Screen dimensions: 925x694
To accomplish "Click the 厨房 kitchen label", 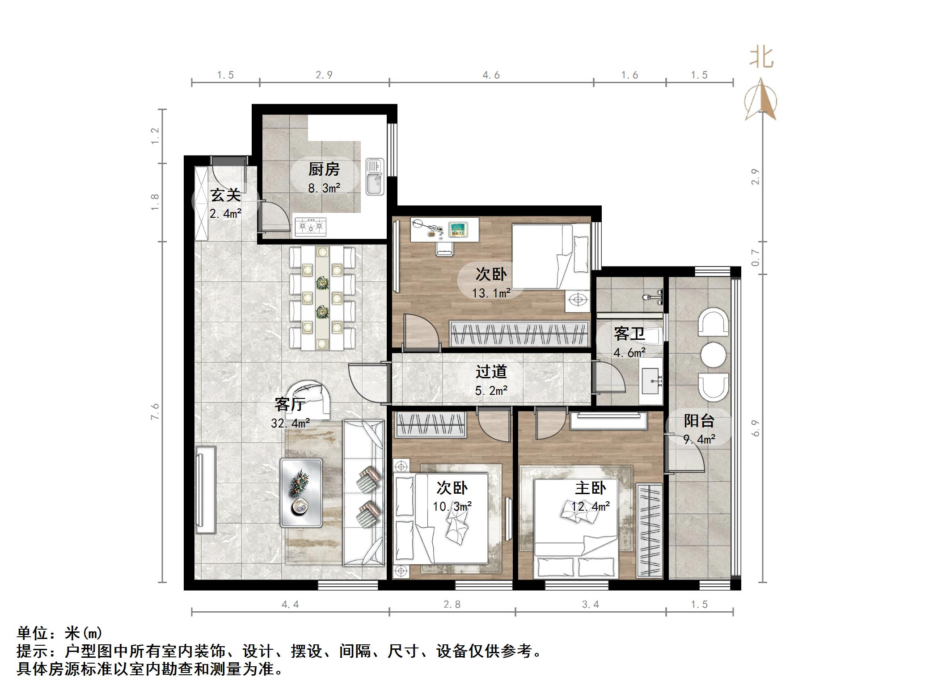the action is pos(324,169).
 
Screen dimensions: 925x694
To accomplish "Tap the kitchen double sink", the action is pos(375,177).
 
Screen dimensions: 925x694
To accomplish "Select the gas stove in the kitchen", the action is pos(310,227).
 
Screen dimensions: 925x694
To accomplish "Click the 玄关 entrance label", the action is pos(226,195).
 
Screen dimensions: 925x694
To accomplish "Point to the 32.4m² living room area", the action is pos(290,423).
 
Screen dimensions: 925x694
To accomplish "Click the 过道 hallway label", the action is pos(491,372).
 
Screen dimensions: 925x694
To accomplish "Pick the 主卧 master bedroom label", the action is pos(590,488).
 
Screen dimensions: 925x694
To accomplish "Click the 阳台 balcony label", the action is pos(699,421).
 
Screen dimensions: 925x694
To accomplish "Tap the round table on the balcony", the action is pos(714,355).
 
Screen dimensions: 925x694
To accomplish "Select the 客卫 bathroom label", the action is pos(629,334).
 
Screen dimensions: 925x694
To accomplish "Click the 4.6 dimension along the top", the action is pos(491,75).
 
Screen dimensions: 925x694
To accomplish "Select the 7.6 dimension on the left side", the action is pos(155,412).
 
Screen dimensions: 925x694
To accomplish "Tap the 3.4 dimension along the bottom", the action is pos(590,605).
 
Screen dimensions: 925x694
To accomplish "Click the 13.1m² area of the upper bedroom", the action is pos(491,293).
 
